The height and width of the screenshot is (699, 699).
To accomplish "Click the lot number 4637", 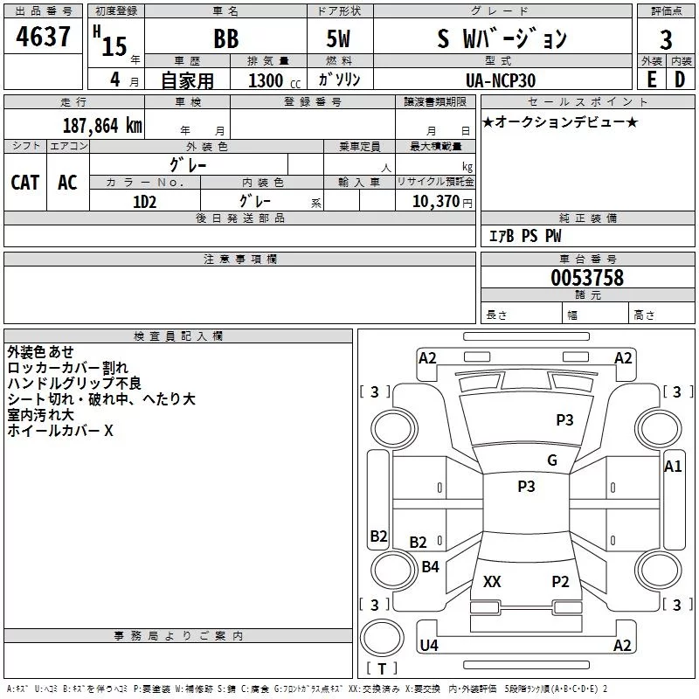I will (x=44, y=38).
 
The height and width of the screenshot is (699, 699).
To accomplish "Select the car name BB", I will (x=225, y=39).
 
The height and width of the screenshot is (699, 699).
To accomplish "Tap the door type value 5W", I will (x=340, y=39).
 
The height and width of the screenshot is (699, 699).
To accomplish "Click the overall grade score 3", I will (x=666, y=40).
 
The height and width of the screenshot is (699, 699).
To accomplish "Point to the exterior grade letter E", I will (x=651, y=80).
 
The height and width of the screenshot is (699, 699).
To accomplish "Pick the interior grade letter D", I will (x=680, y=80).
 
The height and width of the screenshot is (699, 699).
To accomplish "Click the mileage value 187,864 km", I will (x=102, y=125).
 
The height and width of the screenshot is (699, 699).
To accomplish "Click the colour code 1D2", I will (x=144, y=201).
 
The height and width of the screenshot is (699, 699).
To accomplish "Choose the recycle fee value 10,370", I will (x=435, y=201).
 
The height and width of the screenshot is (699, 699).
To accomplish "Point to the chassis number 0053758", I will (x=586, y=278).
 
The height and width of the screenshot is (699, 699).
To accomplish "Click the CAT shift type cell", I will (x=25, y=182).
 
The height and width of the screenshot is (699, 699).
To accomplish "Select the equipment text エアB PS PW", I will (x=524, y=236).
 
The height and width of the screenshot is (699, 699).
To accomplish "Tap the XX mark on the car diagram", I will (x=492, y=581).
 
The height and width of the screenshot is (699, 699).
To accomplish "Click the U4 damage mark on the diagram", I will (x=428, y=645).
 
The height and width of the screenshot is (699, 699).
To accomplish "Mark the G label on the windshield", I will (x=552, y=460).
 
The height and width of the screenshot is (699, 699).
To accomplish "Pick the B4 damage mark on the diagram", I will (x=430, y=567).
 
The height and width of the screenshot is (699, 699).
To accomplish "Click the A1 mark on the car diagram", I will (x=673, y=467).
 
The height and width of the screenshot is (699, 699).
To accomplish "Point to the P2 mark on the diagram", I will (x=560, y=581).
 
